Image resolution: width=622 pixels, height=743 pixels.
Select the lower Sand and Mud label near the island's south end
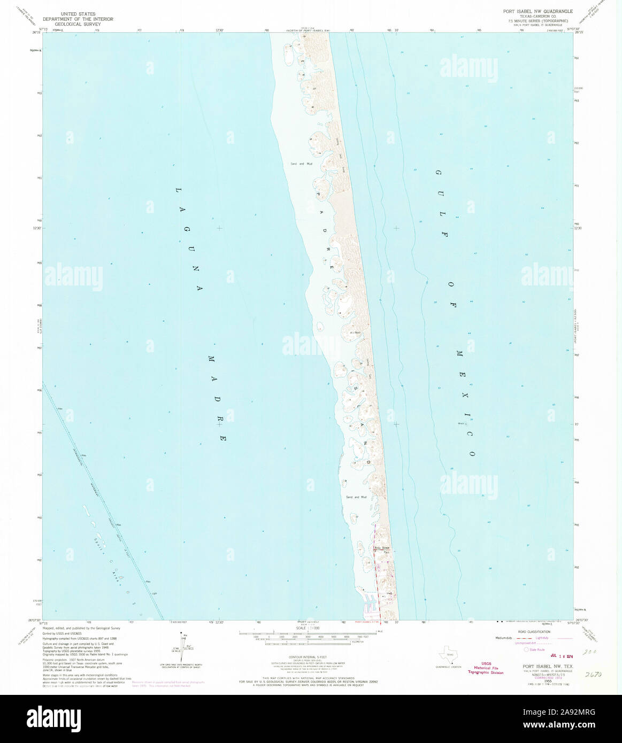coord(357,497)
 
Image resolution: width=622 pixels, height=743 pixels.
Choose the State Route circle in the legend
coord(527,649)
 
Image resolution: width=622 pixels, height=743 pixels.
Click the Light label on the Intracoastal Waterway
coord(154,594)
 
